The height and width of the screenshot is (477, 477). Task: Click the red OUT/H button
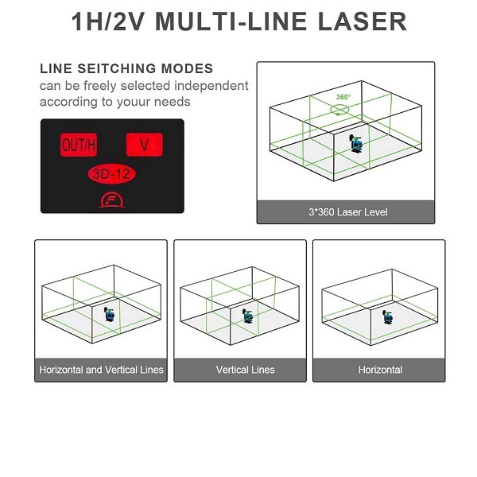pyautogui.click(x=79, y=145)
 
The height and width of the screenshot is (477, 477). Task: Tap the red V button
pyautogui.click(x=145, y=145)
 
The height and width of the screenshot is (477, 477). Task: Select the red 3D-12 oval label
pyautogui.click(x=111, y=174)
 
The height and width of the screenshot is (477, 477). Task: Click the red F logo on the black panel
pyautogui.click(x=112, y=200)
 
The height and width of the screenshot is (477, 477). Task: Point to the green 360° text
pyautogui.click(x=343, y=97)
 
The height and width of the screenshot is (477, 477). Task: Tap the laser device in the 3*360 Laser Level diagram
pyautogui.click(x=355, y=144)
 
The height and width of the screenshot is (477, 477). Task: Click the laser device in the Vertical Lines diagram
pyautogui.click(x=247, y=316)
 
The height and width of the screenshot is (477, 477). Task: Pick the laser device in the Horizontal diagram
pyautogui.click(x=388, y=316)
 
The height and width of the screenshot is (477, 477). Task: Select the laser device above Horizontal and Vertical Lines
pyautogui.click(x=109, y=314)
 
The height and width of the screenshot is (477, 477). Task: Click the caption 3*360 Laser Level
pyautogui.click(x=348, y=212)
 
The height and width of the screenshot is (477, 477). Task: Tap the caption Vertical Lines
pyautogui.click(x=245, y=370)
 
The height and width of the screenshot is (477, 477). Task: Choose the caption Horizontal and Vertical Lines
pyautogui.click(x=101, y=370)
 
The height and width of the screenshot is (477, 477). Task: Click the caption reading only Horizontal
pyautogui.click(x=380, y=370)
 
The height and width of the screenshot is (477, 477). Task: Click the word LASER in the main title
pyautogui.click(x=363, y=21)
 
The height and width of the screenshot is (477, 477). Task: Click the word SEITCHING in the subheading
pyautogui.click(x=117, y=68)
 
